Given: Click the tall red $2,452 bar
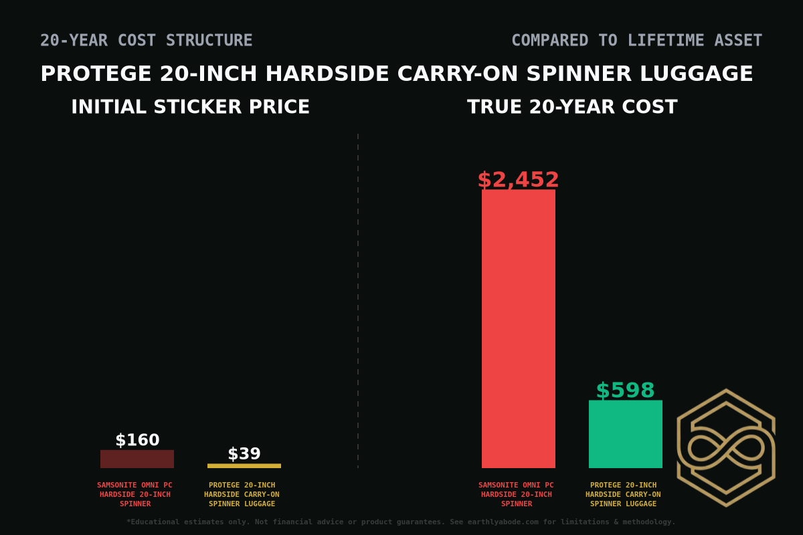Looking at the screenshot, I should click(518, 328).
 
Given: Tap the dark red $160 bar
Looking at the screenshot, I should click(137, 459).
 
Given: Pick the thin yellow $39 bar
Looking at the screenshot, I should click(244, 465).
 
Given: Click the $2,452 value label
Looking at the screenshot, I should click(518, 180).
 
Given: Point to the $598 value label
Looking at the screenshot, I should click(625, 391).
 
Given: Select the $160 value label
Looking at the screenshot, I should click(137, 440).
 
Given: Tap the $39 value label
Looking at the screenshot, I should click(244, 454).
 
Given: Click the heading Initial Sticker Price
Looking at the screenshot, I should click(190, 107).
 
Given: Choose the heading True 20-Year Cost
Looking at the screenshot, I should click(572, 107).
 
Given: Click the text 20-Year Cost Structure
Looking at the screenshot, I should click(147, 41).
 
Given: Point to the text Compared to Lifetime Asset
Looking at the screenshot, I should click(636, 41).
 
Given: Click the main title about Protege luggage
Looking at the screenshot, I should click(397, 74).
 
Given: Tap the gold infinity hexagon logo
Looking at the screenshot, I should click(726, 447).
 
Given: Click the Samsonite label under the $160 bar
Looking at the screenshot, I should click(135, 494).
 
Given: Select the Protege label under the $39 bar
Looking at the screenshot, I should click(242, 494).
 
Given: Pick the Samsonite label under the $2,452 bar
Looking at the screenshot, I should click(516, 494).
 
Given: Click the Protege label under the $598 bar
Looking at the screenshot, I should click(623, 494).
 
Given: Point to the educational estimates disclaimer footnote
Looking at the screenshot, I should click(401, 522).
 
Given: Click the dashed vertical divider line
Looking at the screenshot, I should click(358, 301).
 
